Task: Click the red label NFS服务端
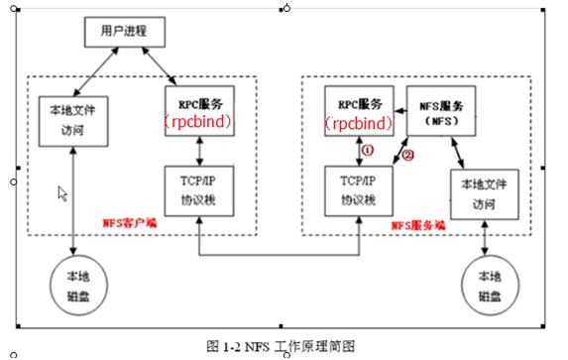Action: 418,225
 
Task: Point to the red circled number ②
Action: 406,155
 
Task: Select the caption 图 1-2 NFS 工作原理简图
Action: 280,345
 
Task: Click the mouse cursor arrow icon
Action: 62,193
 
